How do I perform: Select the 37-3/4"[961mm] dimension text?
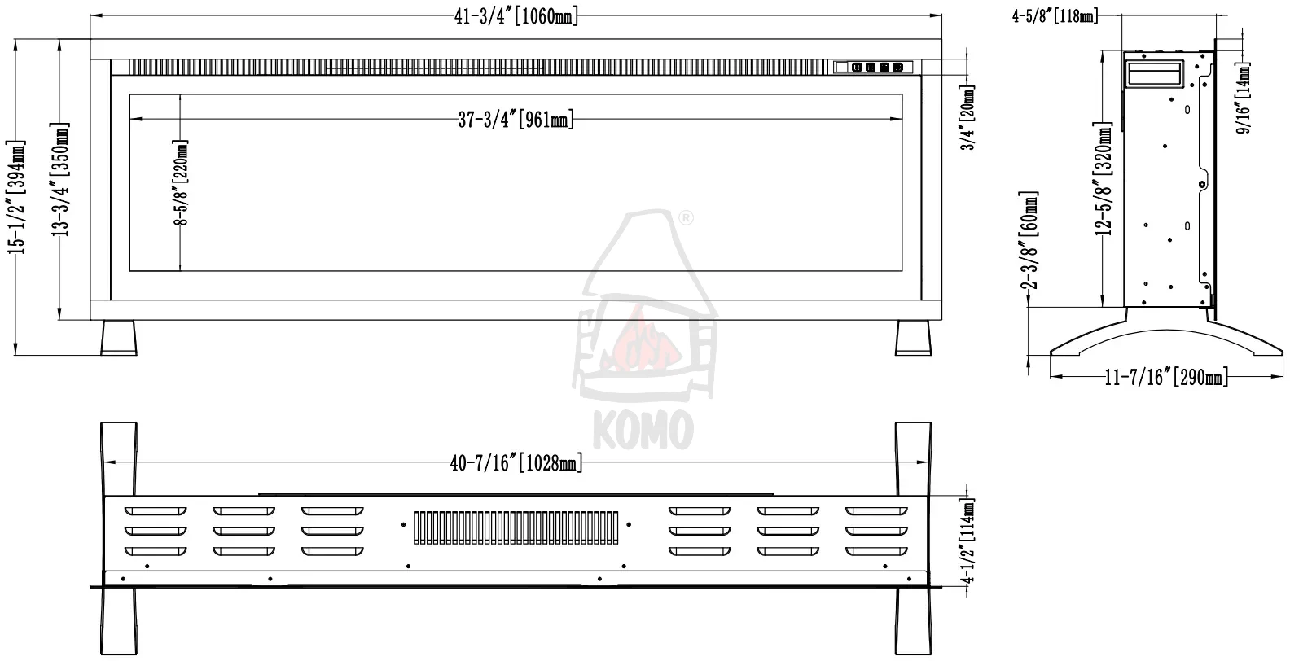tap(516, 120)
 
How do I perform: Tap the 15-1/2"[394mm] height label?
tap(17, 197)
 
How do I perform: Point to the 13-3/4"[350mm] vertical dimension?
tap(60, 180)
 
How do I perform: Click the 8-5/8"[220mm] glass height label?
tap(181, 182)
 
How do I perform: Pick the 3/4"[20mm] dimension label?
tap(968, 117)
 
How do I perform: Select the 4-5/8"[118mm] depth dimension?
tap(1055, 16)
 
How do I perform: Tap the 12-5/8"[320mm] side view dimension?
tap(1103, 178)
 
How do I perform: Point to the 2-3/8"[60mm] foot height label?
tap(1029, 239)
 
